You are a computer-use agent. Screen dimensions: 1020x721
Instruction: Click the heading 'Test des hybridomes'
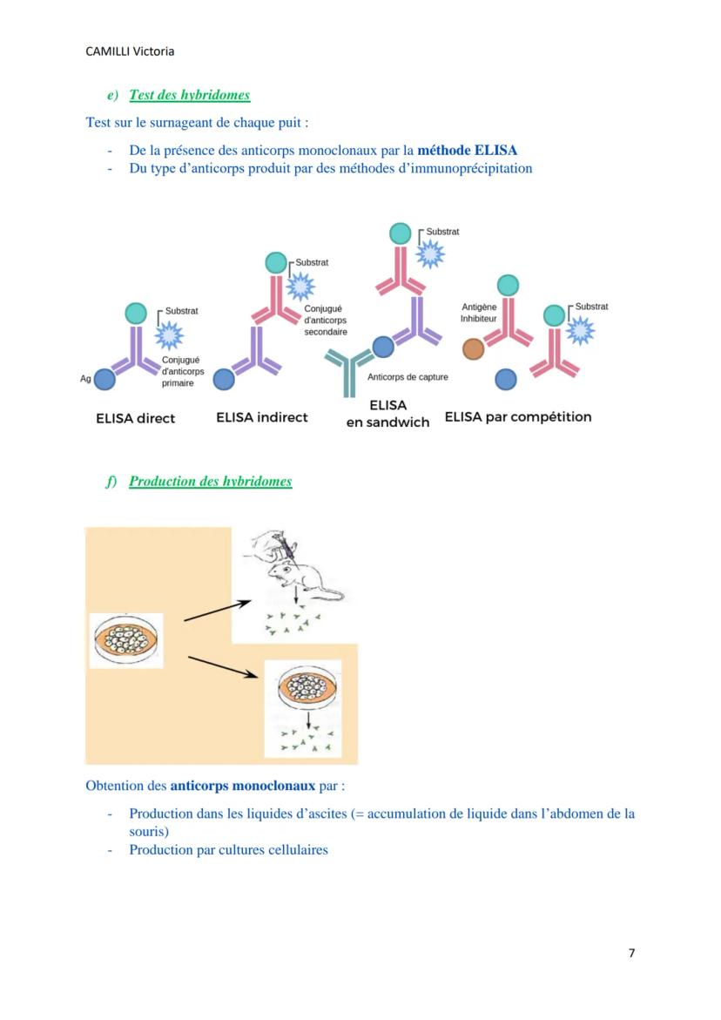click(x=189, y=95)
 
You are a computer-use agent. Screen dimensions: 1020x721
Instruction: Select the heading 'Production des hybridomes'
click(x=210, y=481)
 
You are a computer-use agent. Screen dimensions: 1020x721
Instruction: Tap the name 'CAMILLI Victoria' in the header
click(x=130, y=51)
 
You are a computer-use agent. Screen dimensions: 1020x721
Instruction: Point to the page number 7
click(x=631, y=953)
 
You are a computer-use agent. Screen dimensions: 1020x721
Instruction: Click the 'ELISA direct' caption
click(x=135, y=418)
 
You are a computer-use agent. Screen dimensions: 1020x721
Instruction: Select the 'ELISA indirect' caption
click(x=261, y=417)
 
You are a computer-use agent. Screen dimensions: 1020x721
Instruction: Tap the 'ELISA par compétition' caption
click(x=517, y=416)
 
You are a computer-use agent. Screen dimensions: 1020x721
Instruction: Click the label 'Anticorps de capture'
click(x=408, y=377)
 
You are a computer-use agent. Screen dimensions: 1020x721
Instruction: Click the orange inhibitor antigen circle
click(x=473, y=349)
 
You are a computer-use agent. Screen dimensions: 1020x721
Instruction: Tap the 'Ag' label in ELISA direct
click(x=85, y=379)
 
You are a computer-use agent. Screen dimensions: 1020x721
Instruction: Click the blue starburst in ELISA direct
click(x=169, y=334)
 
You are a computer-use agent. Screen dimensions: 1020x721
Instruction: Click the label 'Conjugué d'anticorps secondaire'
click(x=326, y=320)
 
